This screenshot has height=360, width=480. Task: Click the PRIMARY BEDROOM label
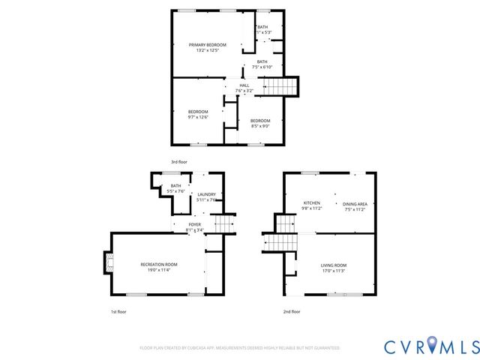coord(208,45)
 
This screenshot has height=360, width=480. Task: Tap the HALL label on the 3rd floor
coord(244,85)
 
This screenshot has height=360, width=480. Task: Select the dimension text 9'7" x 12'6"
coord(198,116)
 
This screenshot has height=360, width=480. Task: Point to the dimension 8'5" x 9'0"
coord(260,126)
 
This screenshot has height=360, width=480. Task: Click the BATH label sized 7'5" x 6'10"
coord(262,61)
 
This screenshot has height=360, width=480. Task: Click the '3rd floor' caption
coord(178,162)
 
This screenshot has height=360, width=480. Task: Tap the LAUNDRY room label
coord(206,194)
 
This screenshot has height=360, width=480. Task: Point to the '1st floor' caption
coord(118,311)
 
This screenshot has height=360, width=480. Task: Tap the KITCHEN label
coord(312,203)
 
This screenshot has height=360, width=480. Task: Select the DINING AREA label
coord(355,204)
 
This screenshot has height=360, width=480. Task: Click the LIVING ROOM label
coord(334,265)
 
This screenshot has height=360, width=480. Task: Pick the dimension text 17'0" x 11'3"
coord(334,271)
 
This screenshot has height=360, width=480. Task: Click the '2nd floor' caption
coord(292,311)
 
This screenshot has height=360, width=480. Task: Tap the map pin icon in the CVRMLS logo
coord(433,346)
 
